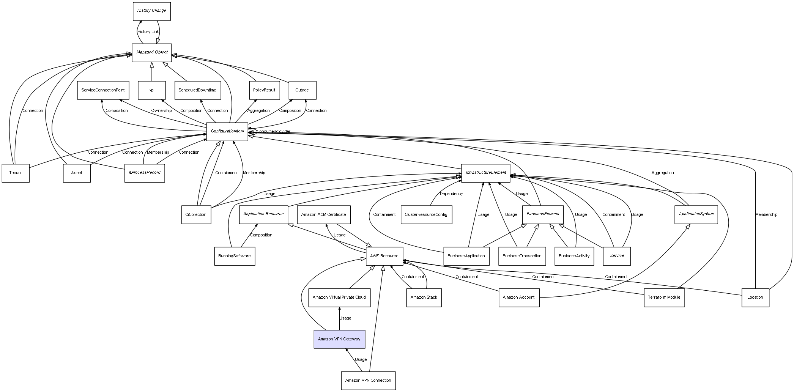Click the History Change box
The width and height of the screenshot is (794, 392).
point(151,11)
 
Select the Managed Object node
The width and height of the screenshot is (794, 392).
point(152,52)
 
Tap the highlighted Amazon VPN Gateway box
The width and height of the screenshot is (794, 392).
point(339,339)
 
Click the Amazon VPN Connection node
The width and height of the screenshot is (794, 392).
point(368,380)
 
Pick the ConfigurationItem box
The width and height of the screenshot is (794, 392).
point(227,131)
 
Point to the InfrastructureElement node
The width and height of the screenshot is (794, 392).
point(485,173)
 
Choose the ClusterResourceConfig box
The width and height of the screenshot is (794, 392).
point(426,214)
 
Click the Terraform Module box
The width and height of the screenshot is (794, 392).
point(664,297)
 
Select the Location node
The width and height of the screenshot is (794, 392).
point(755,297)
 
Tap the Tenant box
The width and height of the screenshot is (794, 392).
point(16,173)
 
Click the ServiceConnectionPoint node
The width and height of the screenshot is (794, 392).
point(103,90)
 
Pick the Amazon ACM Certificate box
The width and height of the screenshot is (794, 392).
point(324,214)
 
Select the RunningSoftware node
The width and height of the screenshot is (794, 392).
point(235,256)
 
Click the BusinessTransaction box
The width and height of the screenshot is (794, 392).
point(522,256)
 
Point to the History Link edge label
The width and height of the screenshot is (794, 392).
point(148,32)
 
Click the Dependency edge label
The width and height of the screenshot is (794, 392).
point(451,194)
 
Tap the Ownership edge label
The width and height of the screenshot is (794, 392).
point(161,111)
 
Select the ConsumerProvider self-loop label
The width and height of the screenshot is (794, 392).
point(273,132)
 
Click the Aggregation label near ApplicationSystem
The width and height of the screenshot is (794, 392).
point(663,173)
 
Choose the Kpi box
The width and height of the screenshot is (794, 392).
point(151,90)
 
